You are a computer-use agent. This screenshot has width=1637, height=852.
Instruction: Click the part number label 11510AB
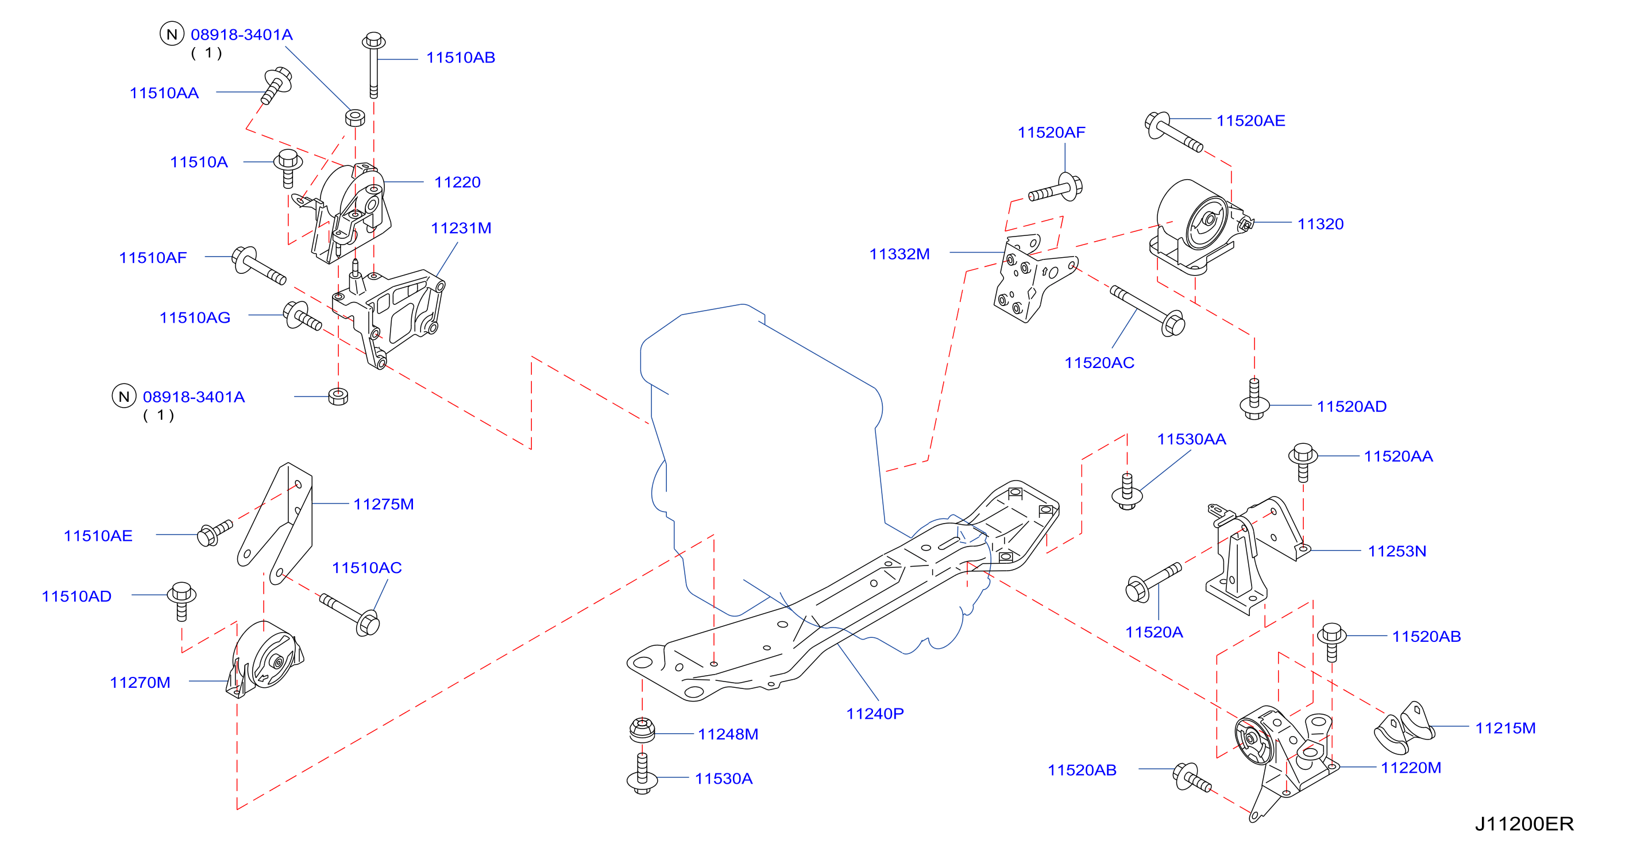pyautogui.click(x=460, y=58)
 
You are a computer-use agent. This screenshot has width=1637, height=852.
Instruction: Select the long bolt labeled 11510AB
pyautogui.click(x=374, y=65)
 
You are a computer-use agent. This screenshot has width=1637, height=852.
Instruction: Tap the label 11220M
pyautogui.click(x=1411, y=768)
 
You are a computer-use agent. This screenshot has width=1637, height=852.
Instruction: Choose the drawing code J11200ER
pyautogui.click(x=1524, y=824)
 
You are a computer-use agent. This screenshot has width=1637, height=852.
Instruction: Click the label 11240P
pyautogui.click(x=874, y=714)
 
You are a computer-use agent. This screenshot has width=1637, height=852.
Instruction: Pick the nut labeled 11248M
pyautogui.click(x=642, y=730)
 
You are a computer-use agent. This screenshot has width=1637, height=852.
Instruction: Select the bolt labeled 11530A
pyautogui.click(x=642, y=773)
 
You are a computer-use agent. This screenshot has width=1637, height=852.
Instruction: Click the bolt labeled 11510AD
pyautogui.click(x=182, y=601)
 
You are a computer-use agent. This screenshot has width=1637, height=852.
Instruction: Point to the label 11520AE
pyautogui.click(x=1250, y=121)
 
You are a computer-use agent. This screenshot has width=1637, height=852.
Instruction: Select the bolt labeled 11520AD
pyautogui.click(x=1254, y=399)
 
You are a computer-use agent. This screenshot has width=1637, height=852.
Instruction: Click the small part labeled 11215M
pyautogui.click(x=1404, y=727)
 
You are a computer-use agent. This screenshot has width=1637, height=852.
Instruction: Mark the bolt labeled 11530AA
pyautogui.click(x=1127, y=491)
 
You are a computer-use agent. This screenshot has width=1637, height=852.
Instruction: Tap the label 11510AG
pyautogui.click(x=195, y=317)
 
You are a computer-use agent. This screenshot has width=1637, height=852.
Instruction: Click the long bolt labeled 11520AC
pyautogui.click(x=1148, y=311)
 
